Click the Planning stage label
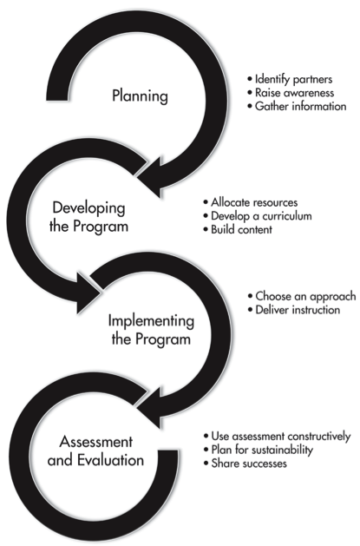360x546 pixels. (140, 95)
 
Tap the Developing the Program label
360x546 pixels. (88, 217)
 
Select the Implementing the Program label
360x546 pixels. (151, 330)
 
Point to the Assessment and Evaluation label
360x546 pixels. (95, 451)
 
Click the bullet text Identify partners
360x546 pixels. (293, 79)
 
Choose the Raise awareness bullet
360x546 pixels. (294, 93)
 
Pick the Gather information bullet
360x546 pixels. (300, 106)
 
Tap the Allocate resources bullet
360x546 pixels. (254, 202)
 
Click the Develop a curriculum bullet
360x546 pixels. (261, 216)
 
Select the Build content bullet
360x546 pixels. (241, 229)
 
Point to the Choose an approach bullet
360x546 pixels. (305, 296)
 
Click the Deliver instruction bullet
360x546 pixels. (298, 310)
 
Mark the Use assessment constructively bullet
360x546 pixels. (281, 437)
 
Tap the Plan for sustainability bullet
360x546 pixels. (262, 450)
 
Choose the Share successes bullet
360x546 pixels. (249, 464)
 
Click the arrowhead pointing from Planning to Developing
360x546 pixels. (149, 177)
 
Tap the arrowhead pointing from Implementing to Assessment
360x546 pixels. (149, 407)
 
